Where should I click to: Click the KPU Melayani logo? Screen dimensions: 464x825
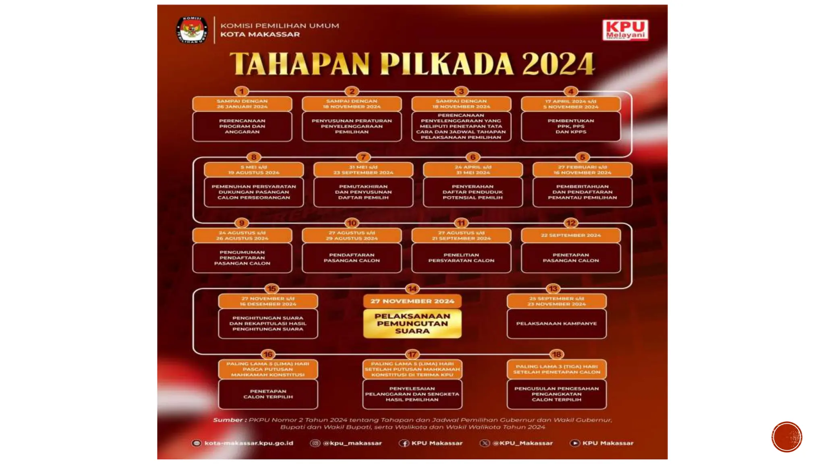(626, 30)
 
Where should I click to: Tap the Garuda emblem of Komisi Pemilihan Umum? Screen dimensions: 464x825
(192, 30)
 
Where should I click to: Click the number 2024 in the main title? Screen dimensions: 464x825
(558, 64)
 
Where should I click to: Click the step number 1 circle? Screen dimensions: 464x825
(242, 91)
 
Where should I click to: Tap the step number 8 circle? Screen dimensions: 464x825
(253, 157)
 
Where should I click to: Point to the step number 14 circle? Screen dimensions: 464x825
(412, 289)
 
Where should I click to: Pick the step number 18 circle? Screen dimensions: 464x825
(556, 354)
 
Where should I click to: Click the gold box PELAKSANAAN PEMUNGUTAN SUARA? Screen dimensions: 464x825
(412, 323)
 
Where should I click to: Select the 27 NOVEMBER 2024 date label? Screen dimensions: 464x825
(412, 301)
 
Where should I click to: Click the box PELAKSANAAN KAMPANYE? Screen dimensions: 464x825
(556, 323)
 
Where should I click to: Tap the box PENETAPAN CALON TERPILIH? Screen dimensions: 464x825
(268, 394)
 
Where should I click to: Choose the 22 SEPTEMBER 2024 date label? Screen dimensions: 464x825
(570, 235)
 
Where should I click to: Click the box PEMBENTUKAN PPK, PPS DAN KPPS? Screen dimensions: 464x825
(570, 126)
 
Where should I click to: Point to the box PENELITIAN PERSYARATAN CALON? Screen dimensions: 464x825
(461, 258)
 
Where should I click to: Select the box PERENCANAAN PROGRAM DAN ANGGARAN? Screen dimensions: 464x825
(242, 126)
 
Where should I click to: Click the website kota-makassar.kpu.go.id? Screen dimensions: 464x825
(248, 443)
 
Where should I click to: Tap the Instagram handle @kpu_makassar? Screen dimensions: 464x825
(351, 443)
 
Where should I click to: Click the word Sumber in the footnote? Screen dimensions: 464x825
(228, 420)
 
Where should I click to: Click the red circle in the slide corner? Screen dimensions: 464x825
(787, 437)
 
